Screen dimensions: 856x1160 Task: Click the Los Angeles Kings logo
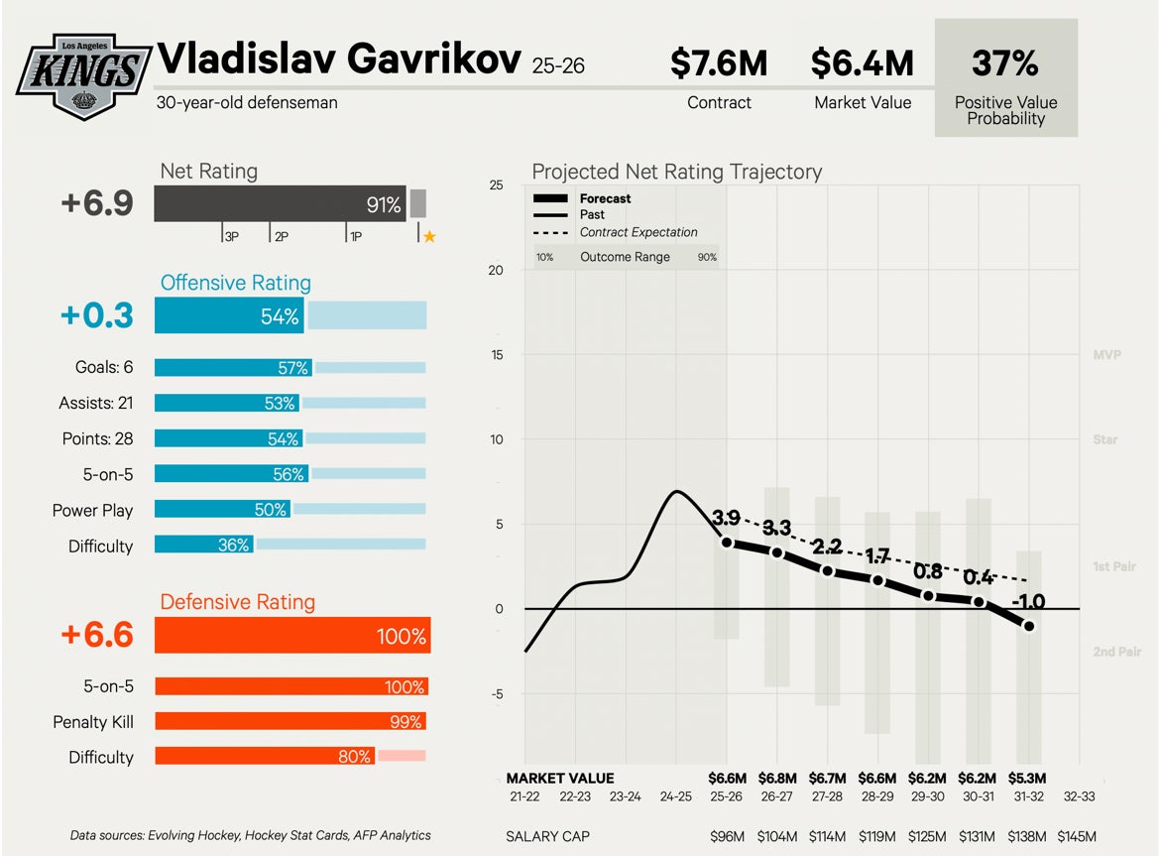pyautogui.click(x=84, y=76)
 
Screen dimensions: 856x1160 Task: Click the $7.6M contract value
pyautogui.click(x=719, y=63)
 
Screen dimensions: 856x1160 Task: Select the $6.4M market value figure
pyautogui.click(x=862, y=63)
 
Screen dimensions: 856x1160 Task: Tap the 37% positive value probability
pyautogui.click(x=1005, y=63)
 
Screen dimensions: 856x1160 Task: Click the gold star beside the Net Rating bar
pyautogui.click(x=429, y=236)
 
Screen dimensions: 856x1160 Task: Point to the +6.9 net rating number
pyautogui.click(x=96, y=203)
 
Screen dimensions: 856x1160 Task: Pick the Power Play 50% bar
pyautogui.click(x=223, y=509)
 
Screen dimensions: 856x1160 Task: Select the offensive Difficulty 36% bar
pyautogui.click(x=204, y=545)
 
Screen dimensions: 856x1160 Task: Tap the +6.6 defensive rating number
pyautogui.click(x=96, y=635)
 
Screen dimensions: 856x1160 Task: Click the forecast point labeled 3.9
pyautogui.click(x=727, y=543)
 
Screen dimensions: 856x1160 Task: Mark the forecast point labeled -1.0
pyautogui.click(x=1029, y=626)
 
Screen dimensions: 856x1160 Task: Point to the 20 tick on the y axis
pyautogui.click(x=496, y=270)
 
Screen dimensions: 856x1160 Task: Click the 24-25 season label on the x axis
pyautogui.click(x=676, y=795)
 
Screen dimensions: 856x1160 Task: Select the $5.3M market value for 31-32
pyautogui.click(x=1028, y=778)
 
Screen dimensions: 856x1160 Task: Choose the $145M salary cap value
pyautogui.click(x=1078, y=836)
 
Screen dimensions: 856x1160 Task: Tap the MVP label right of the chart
pyautogui.click(x=1106, y=354)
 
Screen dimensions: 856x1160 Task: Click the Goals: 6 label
pyautogui.click(x=103, y=367)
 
